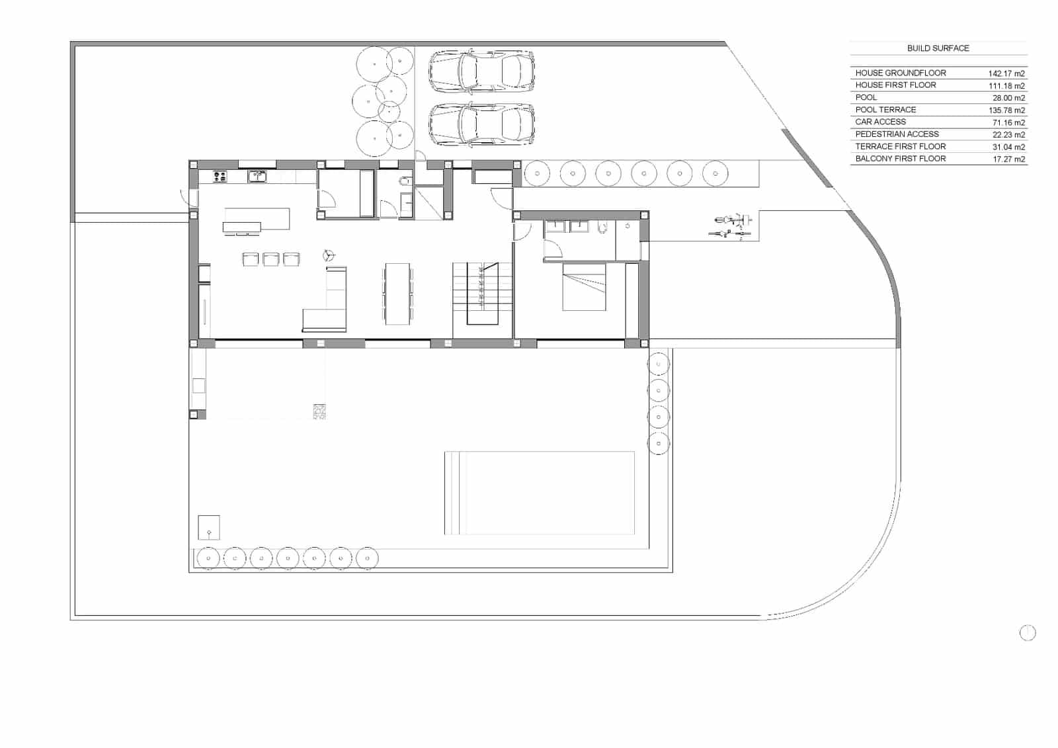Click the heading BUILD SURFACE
tap(938, 48)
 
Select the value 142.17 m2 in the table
tap(1006, 73)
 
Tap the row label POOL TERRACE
tap(885, 110)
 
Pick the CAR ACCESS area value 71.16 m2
tap(1008, 122)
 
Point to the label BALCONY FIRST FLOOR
tap(900, 159)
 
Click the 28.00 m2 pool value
tap(1010, 98)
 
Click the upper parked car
tap(481, 71)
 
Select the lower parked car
tap(481, 124)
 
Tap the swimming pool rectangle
tap(540, 493)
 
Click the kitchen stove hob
tap(220, 177)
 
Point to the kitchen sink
tap(257, 176)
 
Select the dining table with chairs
tap(398, 294)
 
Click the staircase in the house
tap(483, 294)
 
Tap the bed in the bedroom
tap(584, 287)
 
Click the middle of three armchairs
tap(271, 259)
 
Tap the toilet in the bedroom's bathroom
tap(601, 228)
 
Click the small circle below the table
tap(1027, 634)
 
